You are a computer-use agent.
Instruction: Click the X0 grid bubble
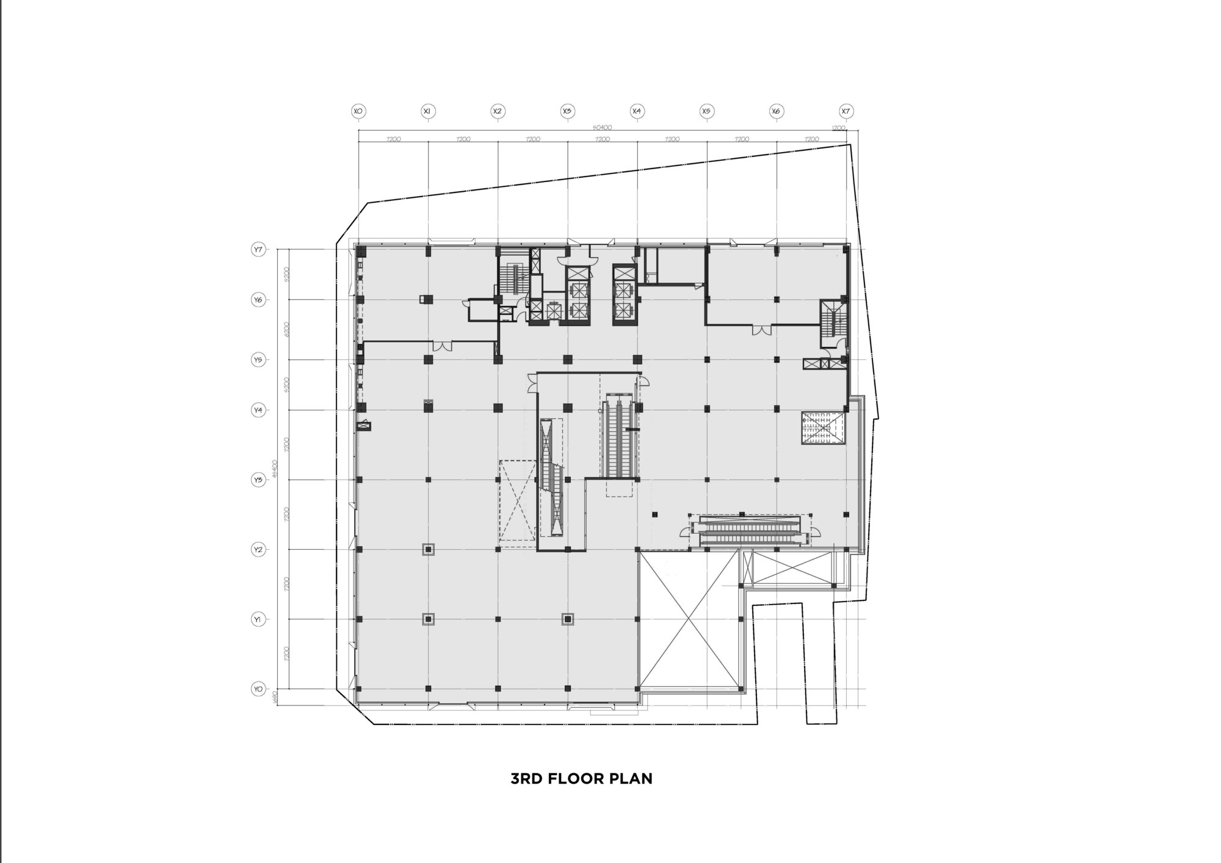(x=358, y=111)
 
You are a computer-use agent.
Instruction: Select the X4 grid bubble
(x=637, y=111)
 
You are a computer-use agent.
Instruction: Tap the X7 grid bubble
(x=846, y=111)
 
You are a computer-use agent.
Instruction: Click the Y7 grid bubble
(x=258, y=250)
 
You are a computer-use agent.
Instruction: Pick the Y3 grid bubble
(x=258, y=480)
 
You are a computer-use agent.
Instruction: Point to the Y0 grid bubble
(x=258, y=689)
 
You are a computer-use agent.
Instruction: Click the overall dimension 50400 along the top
(x=602, y=128)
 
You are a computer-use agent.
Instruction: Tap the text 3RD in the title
(x=526, y=779)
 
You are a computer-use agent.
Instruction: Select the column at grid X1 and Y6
(x=428, y=299)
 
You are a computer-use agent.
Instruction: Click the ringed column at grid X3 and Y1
(x=568, y=619)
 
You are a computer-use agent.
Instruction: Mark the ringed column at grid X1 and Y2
(x=429, y=550)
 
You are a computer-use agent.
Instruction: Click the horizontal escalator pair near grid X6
(x=750, y=530)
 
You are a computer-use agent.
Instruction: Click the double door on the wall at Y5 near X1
(x=442, y=346)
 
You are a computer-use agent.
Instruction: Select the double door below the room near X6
(x=761, y=330)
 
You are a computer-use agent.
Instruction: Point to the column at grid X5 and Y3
(x=707, y=479)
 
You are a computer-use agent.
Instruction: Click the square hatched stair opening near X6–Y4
(x=823, y=428)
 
